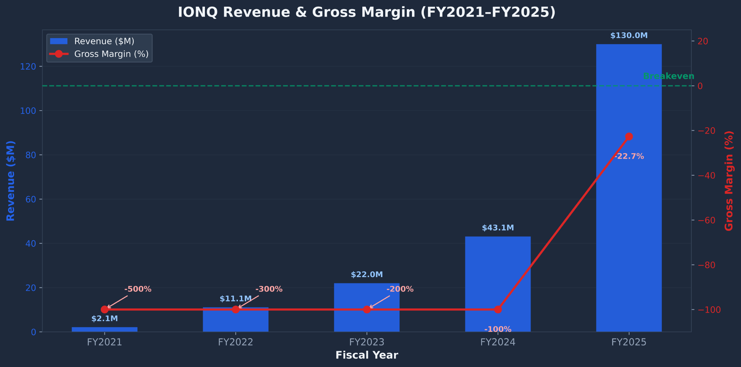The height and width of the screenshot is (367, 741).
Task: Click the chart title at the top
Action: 367,12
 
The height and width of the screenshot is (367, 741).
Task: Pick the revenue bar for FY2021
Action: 104,329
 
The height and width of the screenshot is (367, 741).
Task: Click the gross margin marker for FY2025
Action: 629,137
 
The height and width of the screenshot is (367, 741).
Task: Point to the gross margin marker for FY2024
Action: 498,310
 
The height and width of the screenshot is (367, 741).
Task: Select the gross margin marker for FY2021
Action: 104,310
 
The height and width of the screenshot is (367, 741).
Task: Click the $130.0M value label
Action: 629,36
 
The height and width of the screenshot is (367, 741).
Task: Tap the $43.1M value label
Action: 498,228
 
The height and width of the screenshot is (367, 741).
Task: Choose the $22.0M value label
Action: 367,275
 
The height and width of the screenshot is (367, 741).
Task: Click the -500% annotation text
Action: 138,289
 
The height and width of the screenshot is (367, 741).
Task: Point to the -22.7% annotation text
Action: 629,156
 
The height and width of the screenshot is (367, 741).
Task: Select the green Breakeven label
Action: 668,76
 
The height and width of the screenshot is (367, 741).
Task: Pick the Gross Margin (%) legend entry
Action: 111,54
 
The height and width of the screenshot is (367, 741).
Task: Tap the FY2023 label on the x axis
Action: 367,342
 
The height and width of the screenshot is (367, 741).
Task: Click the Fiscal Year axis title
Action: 367,356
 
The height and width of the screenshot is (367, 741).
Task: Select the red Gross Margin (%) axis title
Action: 729,181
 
